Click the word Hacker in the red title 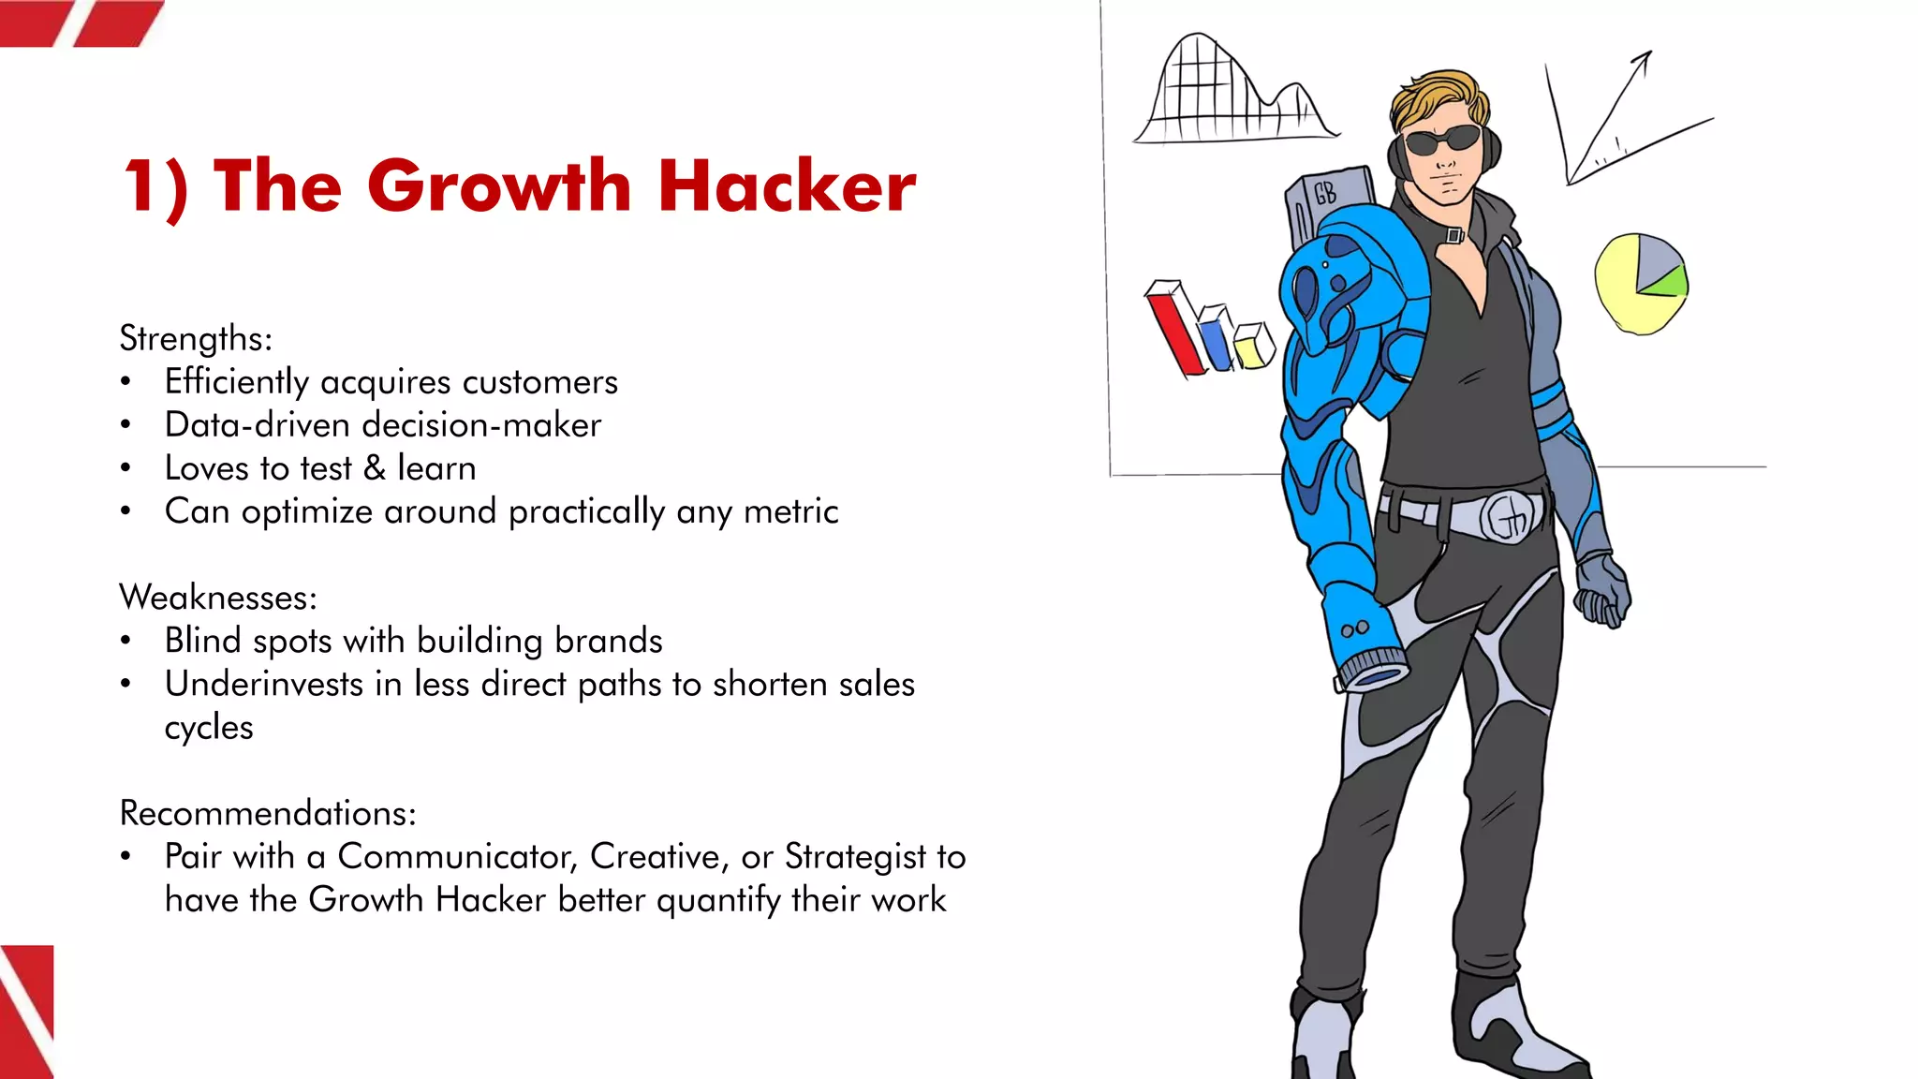[787, 185]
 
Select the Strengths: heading [196, 338]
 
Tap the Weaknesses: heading [218, 598]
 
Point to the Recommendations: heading [268, 813]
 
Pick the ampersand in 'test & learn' [375, 468]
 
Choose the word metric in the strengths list [790, 511]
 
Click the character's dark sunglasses [1442, 141]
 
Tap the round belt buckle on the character [1511, 516]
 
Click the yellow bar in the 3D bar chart [1251, 348]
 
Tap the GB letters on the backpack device [1325, 193]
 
